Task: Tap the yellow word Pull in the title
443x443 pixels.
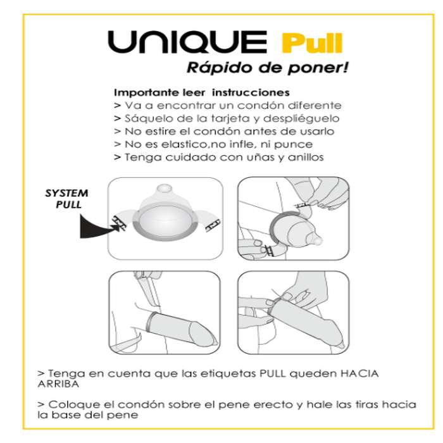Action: click(x=311, y=44)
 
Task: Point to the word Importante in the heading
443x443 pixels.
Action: click(x=140, y=92)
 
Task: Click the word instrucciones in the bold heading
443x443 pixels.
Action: click(x=253, y=92)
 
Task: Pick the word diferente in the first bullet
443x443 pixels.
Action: click(x=314, y=105)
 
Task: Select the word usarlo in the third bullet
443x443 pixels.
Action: click(x=316, y=131)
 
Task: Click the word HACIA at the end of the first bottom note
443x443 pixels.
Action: click(x=358, y=373)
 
